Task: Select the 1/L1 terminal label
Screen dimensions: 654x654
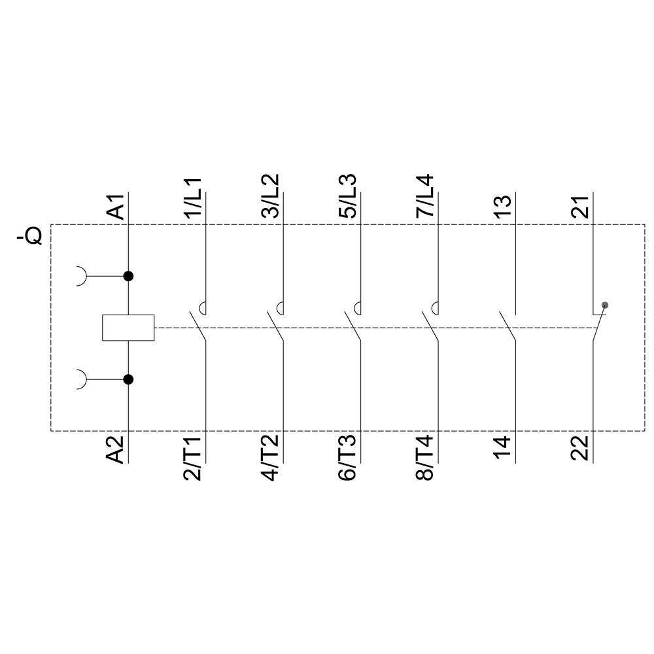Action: (194, 197)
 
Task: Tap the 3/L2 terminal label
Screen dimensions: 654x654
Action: (271, 196)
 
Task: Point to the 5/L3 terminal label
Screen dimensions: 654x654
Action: (348, 196)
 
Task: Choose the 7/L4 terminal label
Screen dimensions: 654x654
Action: (425, 196)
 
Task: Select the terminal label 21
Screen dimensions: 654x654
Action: (580, 206)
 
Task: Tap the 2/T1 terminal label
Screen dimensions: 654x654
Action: (194, 458)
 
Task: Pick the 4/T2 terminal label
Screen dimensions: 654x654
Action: (271, 458)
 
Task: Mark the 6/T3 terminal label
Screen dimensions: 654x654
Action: (348, 458)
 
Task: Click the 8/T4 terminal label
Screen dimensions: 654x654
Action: (425, 458)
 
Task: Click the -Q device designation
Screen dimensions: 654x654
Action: (30, 236)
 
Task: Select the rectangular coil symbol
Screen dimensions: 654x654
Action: (128, 328)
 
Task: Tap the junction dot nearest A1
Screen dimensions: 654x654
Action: (128, 276)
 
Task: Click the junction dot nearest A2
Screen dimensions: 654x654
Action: (128, 379)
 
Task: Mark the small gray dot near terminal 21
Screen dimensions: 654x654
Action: (605, 305)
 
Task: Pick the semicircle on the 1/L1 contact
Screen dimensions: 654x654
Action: (203, 307)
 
